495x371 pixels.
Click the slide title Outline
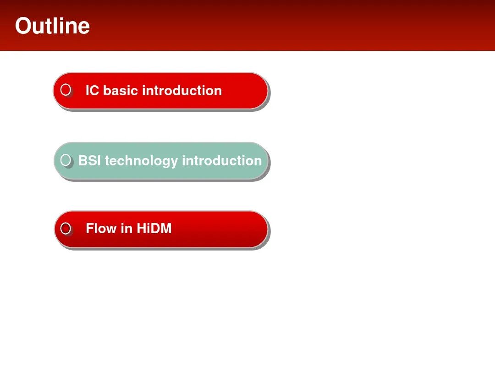coord(52,26)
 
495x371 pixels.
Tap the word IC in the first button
coord(93,91)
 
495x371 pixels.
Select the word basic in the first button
coord(120,91)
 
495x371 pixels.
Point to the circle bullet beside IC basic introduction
coord(66,90)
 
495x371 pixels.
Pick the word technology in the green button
coord(141,161)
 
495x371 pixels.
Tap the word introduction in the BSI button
coord(222,161)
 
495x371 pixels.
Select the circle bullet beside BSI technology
coord(66,160)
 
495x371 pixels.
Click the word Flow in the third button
coord(101,229)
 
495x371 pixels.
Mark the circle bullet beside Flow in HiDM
coord(66,229)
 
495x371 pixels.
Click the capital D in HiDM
coord(155,229)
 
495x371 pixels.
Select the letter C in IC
coord(95,91)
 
